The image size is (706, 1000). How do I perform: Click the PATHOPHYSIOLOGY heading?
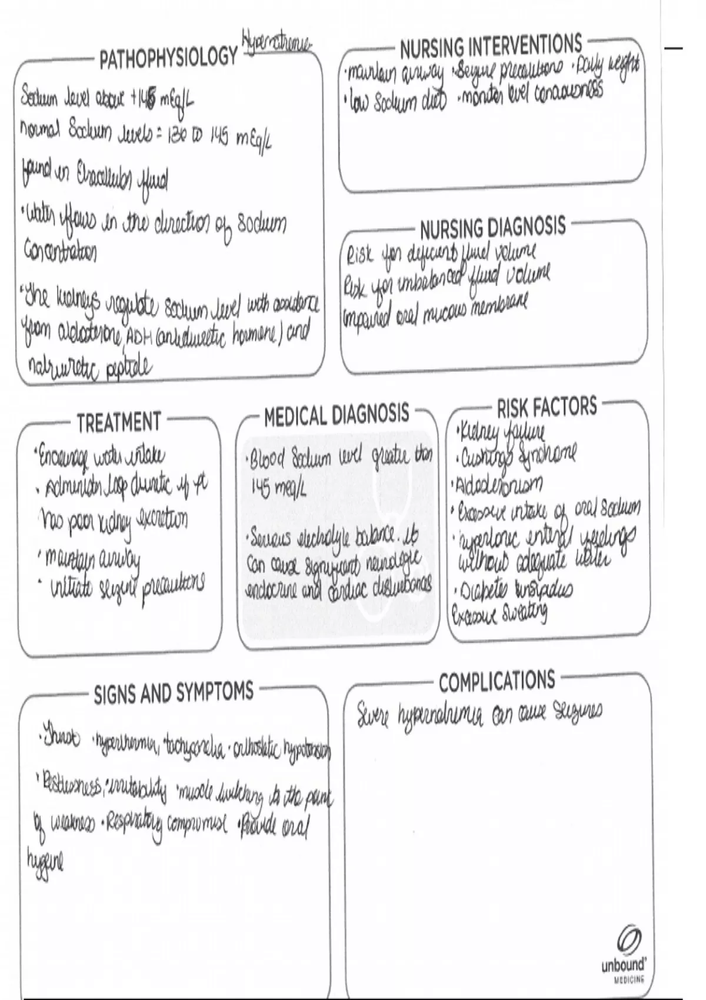coord(168,58)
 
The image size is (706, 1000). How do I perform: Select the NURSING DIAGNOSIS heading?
coord(492,227)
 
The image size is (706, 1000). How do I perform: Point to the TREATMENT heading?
coord(118,422)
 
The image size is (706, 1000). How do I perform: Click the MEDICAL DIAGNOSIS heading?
coord(337,415)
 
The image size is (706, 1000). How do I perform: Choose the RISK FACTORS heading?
coord(547,406)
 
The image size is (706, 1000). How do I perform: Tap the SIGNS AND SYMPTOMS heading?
coord(174,694)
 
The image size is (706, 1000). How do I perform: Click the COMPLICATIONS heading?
coord(497,681)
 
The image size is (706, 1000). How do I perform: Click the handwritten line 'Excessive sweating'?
coord(499,615)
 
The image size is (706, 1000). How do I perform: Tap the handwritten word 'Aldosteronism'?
coord(500,484)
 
